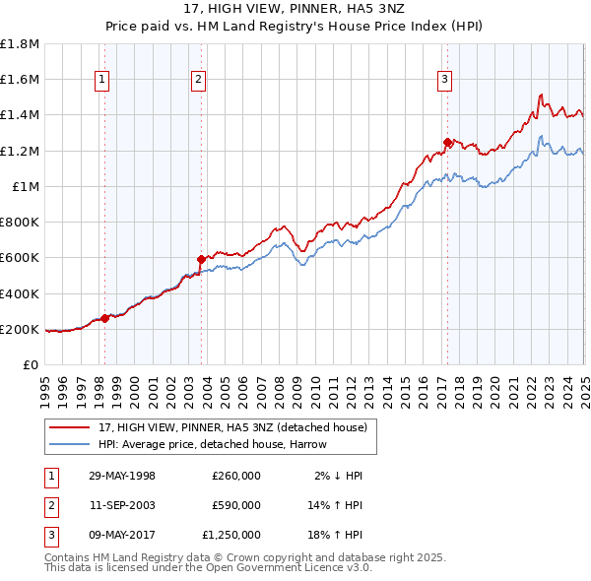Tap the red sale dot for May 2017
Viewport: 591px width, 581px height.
(x=447, y=142)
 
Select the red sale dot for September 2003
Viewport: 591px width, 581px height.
(x=201, y=260)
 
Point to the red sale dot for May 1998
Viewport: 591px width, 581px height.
(x=105, y=318)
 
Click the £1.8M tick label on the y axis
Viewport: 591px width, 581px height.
(x=20, y=44)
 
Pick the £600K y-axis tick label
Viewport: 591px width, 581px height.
(x=20, y=258)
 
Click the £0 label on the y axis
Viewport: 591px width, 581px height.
(x=31, y=364)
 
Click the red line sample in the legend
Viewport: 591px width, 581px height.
(x=69, y=427)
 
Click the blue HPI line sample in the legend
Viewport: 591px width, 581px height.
(x=69, y=444)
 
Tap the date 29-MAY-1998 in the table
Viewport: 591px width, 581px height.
(x=122, y=476)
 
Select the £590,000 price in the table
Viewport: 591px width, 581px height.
(x=235, y=505)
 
